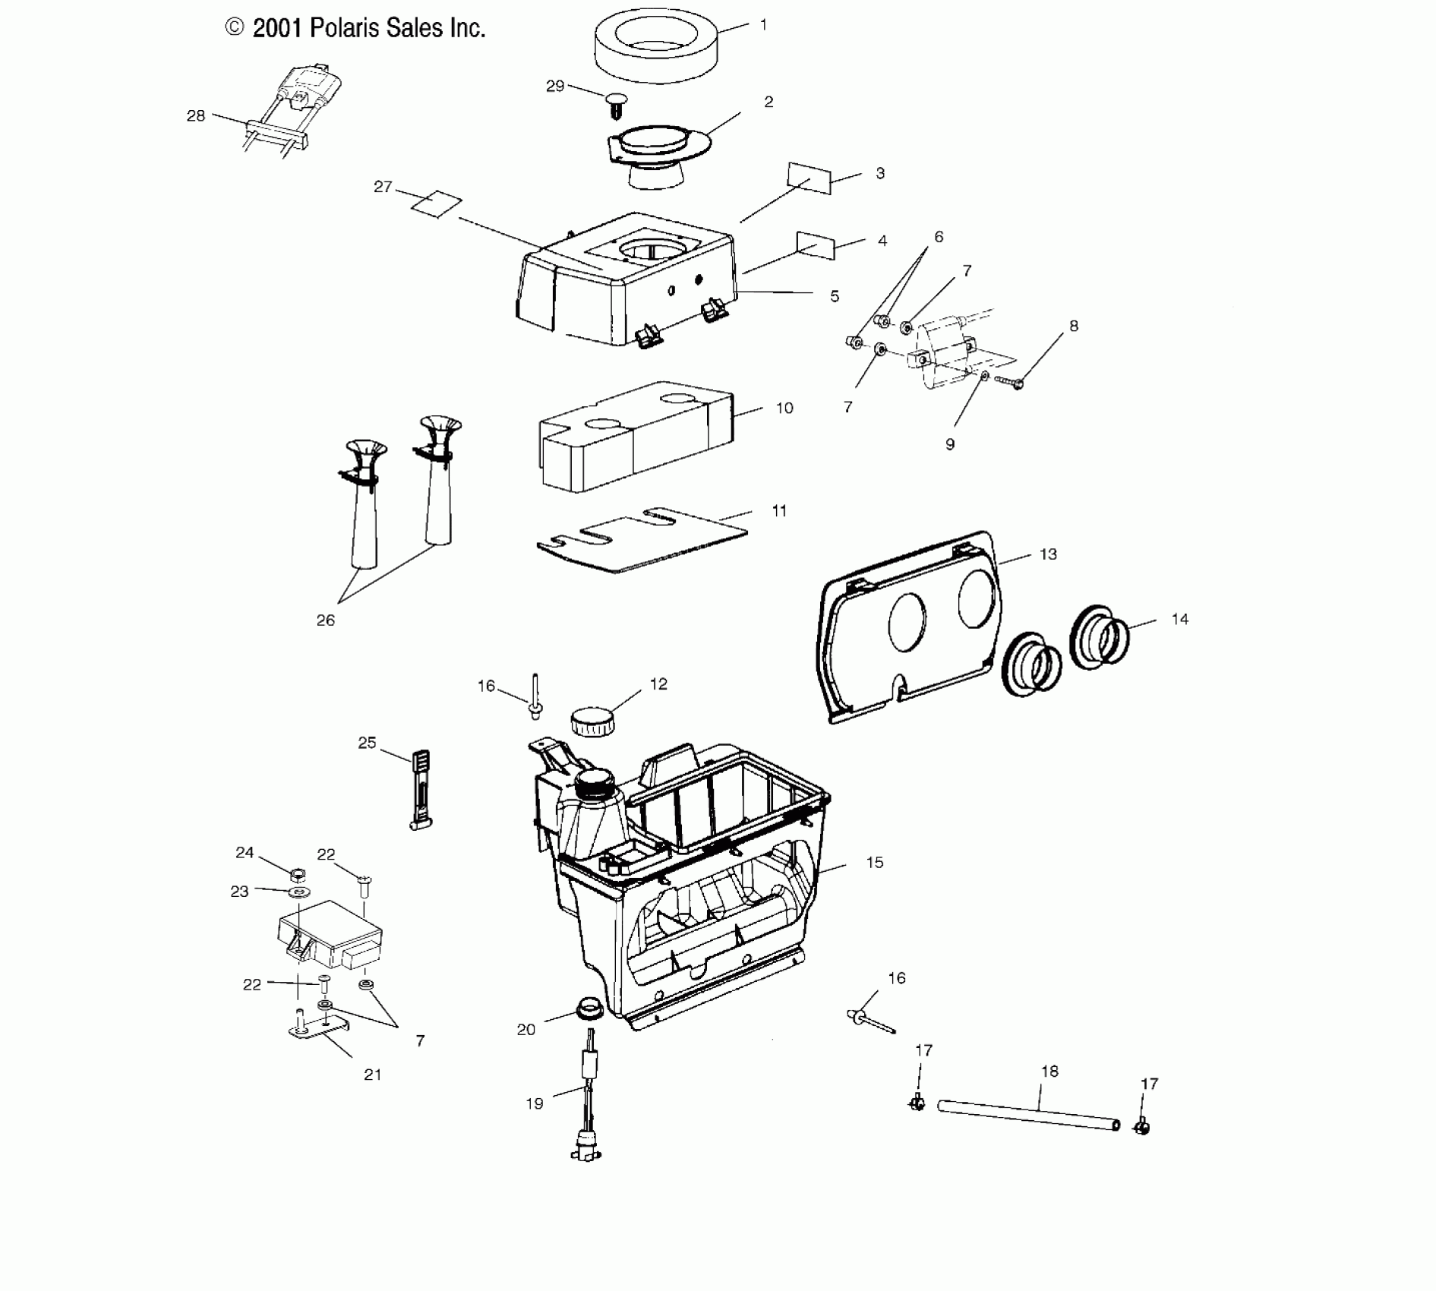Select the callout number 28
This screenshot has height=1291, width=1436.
point(196,116)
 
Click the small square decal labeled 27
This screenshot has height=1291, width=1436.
point(437,204)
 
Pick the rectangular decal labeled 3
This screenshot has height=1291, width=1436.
point(810,178)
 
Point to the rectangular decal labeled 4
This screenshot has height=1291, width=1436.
point(816,245)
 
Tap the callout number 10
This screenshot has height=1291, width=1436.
point(784,409)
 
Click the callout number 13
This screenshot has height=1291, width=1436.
point(1048,554)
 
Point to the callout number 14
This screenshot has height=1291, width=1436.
point(1179,620)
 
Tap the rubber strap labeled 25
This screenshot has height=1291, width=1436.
point(421,791)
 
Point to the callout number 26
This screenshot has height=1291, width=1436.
point(325,620)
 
